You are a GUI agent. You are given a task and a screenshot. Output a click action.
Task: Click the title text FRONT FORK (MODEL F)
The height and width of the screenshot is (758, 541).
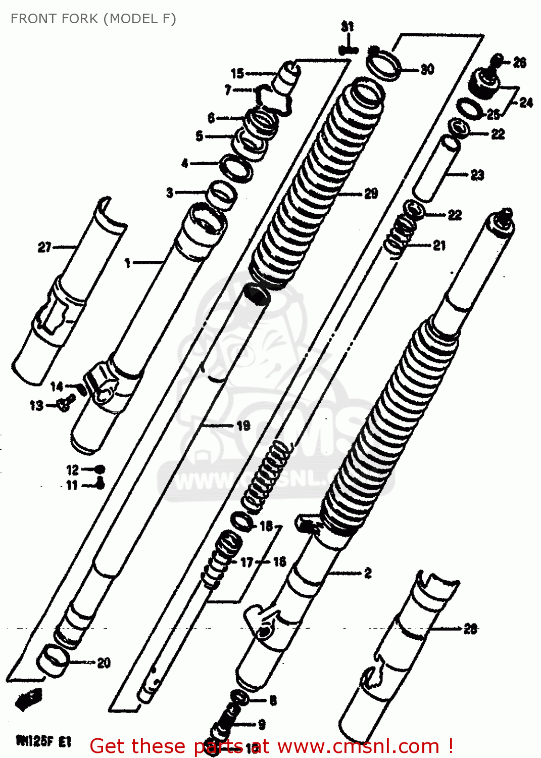tap(93, 19)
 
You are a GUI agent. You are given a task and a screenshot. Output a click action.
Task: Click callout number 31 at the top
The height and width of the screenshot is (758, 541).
tap(347, 27)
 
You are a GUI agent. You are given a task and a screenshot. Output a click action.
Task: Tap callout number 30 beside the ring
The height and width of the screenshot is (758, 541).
tap(427, 69)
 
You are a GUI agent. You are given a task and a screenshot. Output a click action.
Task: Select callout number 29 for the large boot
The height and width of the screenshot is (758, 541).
tap(371, 194)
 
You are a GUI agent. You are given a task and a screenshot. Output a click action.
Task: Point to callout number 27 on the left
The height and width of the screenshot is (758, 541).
tap(44, 247)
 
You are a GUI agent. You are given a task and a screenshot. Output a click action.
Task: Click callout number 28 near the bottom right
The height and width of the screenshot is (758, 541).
tap(470, 629)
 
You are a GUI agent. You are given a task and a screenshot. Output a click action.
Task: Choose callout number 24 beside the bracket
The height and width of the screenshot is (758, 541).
tap(526, 103)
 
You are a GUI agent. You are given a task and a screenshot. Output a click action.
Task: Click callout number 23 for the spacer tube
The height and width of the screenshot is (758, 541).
tap(477, 175)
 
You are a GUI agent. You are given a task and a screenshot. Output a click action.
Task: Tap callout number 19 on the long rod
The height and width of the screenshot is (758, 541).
tap(243, 425)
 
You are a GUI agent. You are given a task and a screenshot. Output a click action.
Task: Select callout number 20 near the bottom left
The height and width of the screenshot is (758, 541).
tap(104, 662)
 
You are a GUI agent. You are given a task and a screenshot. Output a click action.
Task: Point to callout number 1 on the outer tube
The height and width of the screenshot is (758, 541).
tap(128, 263)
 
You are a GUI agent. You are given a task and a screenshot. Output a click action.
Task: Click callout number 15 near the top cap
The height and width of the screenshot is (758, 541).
tap(237, 74)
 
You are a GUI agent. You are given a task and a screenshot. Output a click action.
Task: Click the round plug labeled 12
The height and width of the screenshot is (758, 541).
tap(100, 469)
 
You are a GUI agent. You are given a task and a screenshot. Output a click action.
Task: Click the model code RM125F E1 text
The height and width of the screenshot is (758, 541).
tap(44, 741)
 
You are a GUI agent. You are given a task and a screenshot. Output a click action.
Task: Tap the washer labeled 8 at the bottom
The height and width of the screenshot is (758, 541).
tap(239, 698)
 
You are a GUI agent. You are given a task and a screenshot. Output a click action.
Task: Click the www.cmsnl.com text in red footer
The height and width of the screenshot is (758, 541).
tap(359, 746)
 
